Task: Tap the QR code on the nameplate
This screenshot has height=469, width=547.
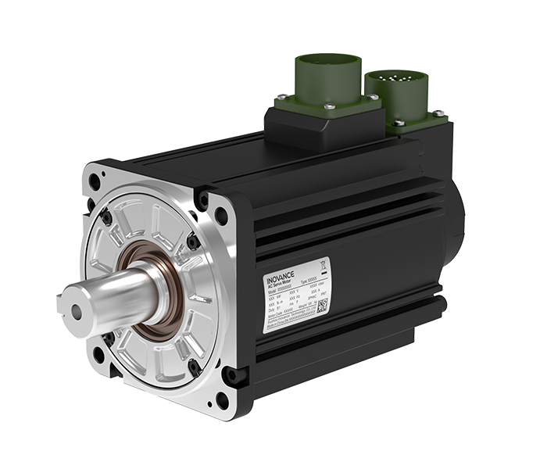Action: pos(322,304)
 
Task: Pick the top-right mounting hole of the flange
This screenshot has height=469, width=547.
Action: pos(220,216)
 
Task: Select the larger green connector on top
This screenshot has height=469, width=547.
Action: pos(327,74)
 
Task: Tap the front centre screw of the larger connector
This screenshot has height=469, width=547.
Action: pos(330,107)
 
